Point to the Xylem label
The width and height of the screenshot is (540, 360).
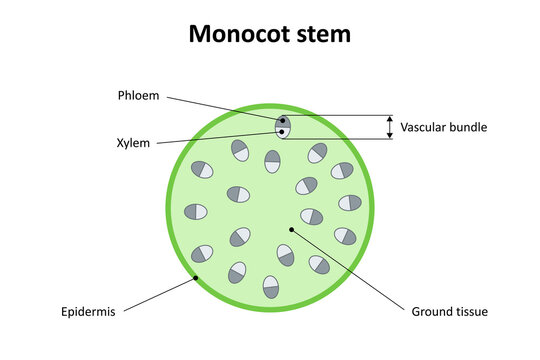pyautogui.click(x=133, y=143)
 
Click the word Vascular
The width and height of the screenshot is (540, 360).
pyautogui.click(x=423, y=127)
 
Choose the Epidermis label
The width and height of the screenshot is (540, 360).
pyautogui.click(x=88, y=311)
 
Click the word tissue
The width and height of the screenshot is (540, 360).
pyautogui.click(x=472, y=311)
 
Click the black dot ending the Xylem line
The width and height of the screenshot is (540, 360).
pyautogui.click(x=283, y=132)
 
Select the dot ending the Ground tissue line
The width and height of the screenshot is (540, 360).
pyautogui.click(x=292, y=229)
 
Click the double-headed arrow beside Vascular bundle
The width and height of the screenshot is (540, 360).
pyautogui.click(x=389, y=126)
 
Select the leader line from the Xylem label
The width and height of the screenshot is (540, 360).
pyautogui.click(x=220, y=138)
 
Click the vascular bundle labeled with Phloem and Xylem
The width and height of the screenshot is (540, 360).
pyautogui.click(x=283, y=127)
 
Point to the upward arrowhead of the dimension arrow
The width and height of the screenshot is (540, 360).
pyautogui.click(x=389, y=118)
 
